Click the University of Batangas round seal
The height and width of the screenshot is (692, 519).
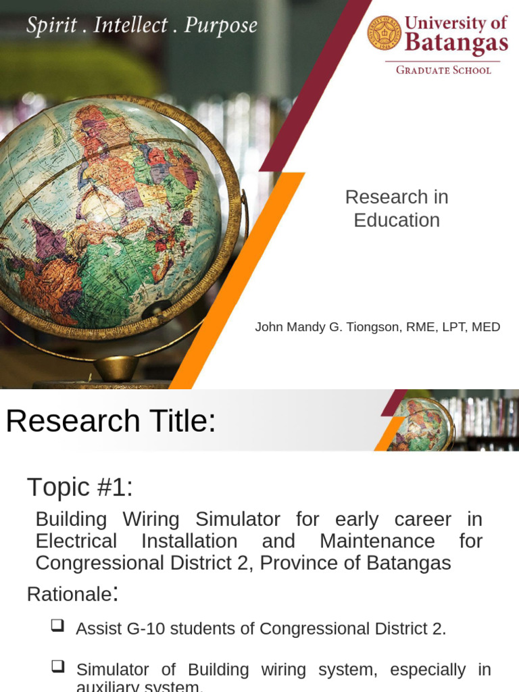pos(385,32)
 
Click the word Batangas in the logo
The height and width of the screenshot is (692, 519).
pos(456,43)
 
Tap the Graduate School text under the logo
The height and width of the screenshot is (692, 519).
pos(443,70)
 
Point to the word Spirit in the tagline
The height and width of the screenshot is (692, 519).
pos(49,26)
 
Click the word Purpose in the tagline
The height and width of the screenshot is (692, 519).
pos(221,26)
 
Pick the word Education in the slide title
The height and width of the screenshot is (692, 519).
pos(397,220)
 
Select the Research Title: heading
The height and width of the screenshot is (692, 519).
pos(111,422)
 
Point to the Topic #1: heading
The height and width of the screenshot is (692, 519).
pos(80,487)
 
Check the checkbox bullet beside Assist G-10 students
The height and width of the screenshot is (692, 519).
pos(57,626)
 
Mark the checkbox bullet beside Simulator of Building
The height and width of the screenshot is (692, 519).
pos(57,667)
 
